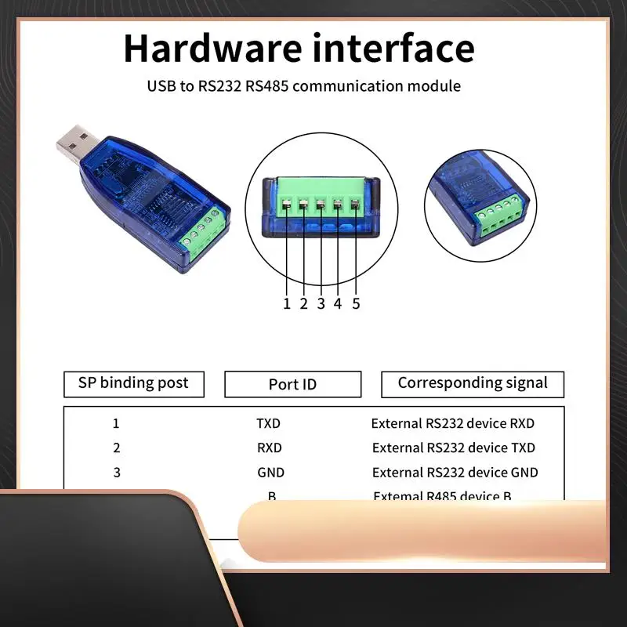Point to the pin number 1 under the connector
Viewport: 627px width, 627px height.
tap(287, 303)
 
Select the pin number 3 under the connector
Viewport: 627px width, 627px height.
tap(321, 303)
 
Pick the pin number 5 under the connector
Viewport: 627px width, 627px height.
tap(356, 303)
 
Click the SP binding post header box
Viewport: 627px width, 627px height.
tap(133, 383)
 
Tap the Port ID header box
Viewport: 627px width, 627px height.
tap(292, 384)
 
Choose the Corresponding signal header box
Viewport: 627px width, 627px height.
tap(472, 383)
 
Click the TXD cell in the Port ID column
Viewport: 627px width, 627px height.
tap(268, 423)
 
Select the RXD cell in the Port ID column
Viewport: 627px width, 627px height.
tap(269, 448)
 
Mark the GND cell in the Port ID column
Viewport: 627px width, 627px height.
tap(270, 473)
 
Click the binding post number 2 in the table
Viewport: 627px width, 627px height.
tap(116, 448)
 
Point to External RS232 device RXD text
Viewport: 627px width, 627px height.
tap(452, 423)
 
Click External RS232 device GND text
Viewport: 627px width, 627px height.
tap(455, 473)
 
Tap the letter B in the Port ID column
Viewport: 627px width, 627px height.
tap(271, 496)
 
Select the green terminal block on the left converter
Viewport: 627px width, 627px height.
tap(204, 236)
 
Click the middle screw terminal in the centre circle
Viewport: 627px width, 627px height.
tap(321, 205)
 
